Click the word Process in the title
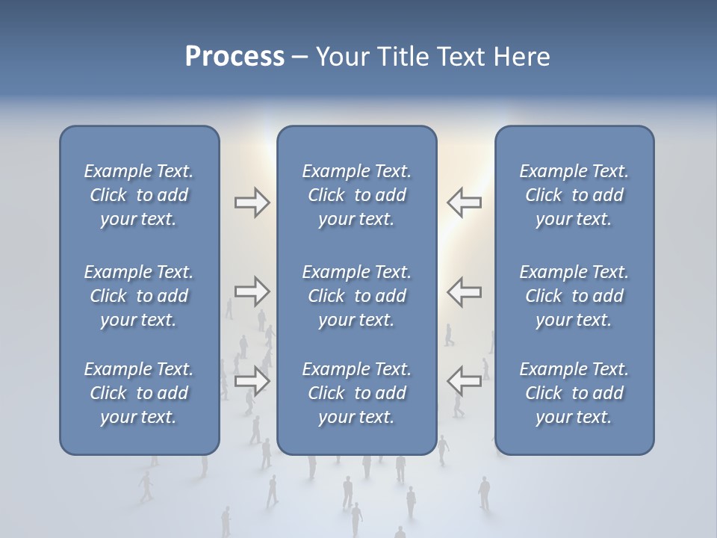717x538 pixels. click(x=235, y=57)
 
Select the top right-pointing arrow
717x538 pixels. click(x=252, y=202)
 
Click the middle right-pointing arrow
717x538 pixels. click(x=252, y=291)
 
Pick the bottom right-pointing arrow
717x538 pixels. click(x=252, y=381)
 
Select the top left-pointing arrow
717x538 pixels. click(x=464, y=202)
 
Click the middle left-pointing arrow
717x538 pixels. click(x=464, y=291)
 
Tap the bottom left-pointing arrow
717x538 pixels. click(x=464, y=381)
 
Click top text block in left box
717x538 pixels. click(x=139, y=195)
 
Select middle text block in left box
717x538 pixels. click(x=139, y=296)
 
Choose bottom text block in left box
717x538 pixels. click(x=139, y=393)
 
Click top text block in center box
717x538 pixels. click(x=357, y=195)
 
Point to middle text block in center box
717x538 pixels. click(x=357, y=296)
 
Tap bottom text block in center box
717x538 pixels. click(x=357, y=393)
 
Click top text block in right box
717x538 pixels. click(x=574, y=195)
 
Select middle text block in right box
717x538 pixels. click(x=574, y=296)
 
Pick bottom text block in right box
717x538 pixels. click(x=574, y=393)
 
